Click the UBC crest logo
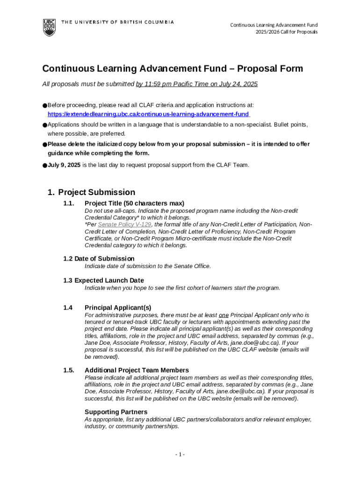pos(49,27)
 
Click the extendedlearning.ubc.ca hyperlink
pos(148,114)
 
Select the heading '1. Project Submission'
pos(92,192)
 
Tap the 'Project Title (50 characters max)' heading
pos(134,203)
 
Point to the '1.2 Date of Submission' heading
pos(99,259)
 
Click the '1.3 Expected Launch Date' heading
pos(103,280)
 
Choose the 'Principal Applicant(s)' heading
pos(118,307)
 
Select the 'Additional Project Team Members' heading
pos(137,370)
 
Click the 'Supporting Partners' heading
pos(116,412)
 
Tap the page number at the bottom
pos(180,455)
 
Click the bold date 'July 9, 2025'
pos(64,165)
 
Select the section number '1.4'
pos(68,307)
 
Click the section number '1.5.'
pos(69,370)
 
